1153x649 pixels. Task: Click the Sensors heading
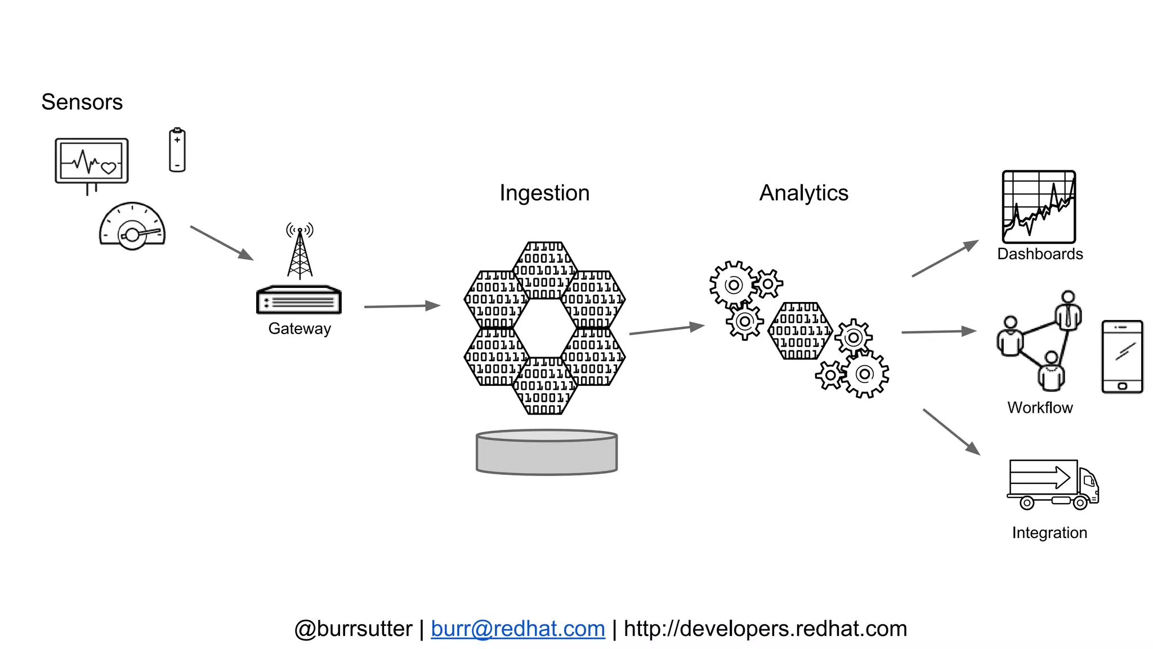(82, 102)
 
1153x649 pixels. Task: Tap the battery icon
(177, 150)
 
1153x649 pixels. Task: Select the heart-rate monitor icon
(92, 162)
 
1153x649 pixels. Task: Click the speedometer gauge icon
(132, 226)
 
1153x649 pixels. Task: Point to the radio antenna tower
(300, 251)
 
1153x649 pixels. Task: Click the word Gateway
(300, 328)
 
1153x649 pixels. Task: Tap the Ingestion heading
(544, 193)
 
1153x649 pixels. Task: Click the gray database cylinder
(547, 452)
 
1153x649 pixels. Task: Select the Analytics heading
(803, 193)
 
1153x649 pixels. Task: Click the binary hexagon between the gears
(800, 331)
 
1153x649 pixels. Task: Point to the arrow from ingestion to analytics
(667, 330)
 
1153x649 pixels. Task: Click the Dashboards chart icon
(1039, 207)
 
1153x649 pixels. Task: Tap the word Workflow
(1040, 407)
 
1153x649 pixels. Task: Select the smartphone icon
(1121, 357)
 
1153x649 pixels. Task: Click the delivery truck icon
(1052, 484)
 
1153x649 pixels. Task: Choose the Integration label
(1049, 532)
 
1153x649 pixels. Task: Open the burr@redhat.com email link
(517, 629)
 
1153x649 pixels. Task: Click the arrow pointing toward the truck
(951, 432)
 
